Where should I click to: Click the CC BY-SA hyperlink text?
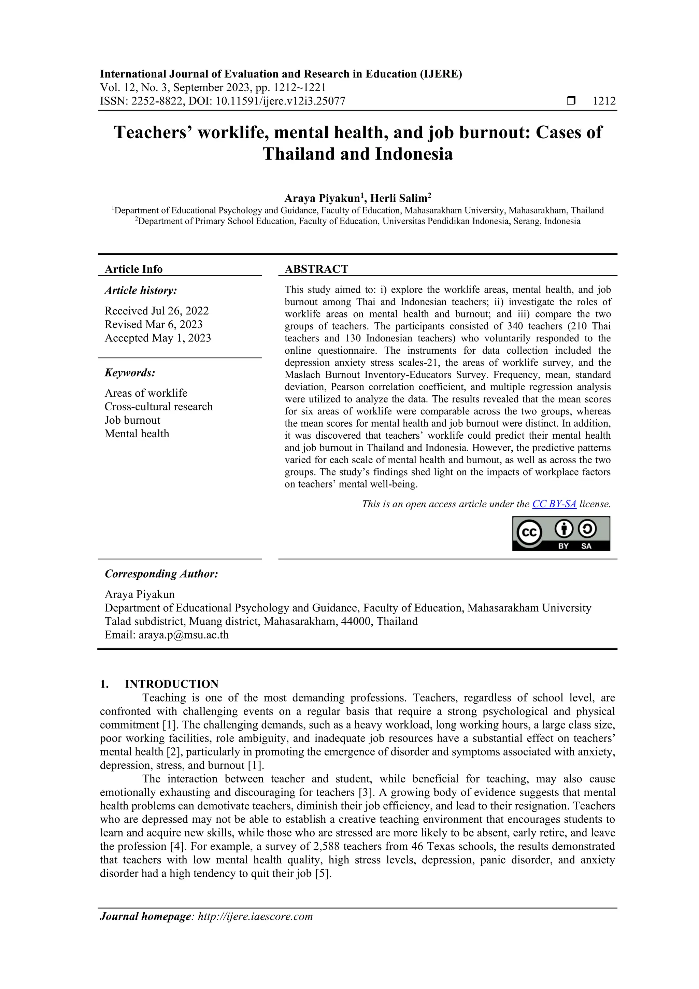(554, 504)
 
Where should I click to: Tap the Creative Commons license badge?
(561, 534)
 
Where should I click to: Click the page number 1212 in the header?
(604, 101)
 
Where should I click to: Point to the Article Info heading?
(133, 269)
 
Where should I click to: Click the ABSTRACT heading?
(316, 269)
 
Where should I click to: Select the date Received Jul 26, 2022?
(156, 311)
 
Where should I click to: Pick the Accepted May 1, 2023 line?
(158, 338)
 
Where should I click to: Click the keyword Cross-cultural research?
(158, 407)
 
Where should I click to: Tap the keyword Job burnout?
(132, 420)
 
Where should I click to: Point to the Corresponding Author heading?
(161, 574)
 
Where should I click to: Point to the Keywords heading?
(130, 372)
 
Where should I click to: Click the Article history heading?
(140, 291)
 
